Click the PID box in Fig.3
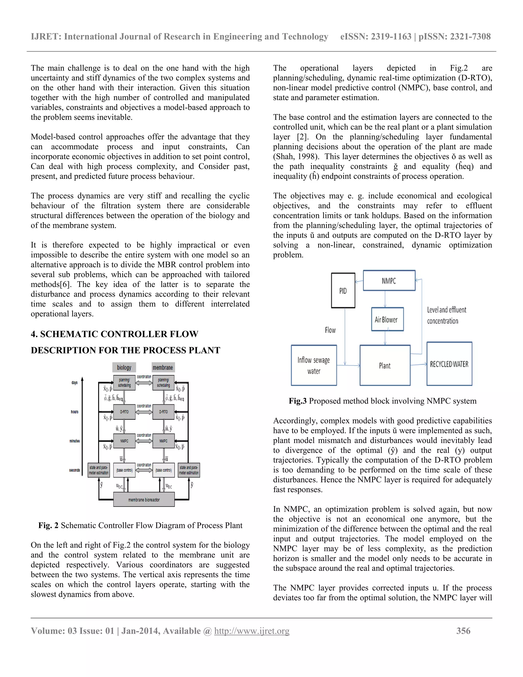[343, 290]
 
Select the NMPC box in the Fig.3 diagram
[389, 281]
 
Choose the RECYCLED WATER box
[449, 364]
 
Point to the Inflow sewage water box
[314, 365]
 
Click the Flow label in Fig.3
[330, 330]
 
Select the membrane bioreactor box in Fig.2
[144, 500]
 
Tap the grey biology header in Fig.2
[124, 367]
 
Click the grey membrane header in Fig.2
[163, 367]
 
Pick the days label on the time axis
[75, 382]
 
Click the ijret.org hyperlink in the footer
[252, 631]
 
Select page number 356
[463, 631]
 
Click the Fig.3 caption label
[298, 401]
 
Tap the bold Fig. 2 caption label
[48, 526]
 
